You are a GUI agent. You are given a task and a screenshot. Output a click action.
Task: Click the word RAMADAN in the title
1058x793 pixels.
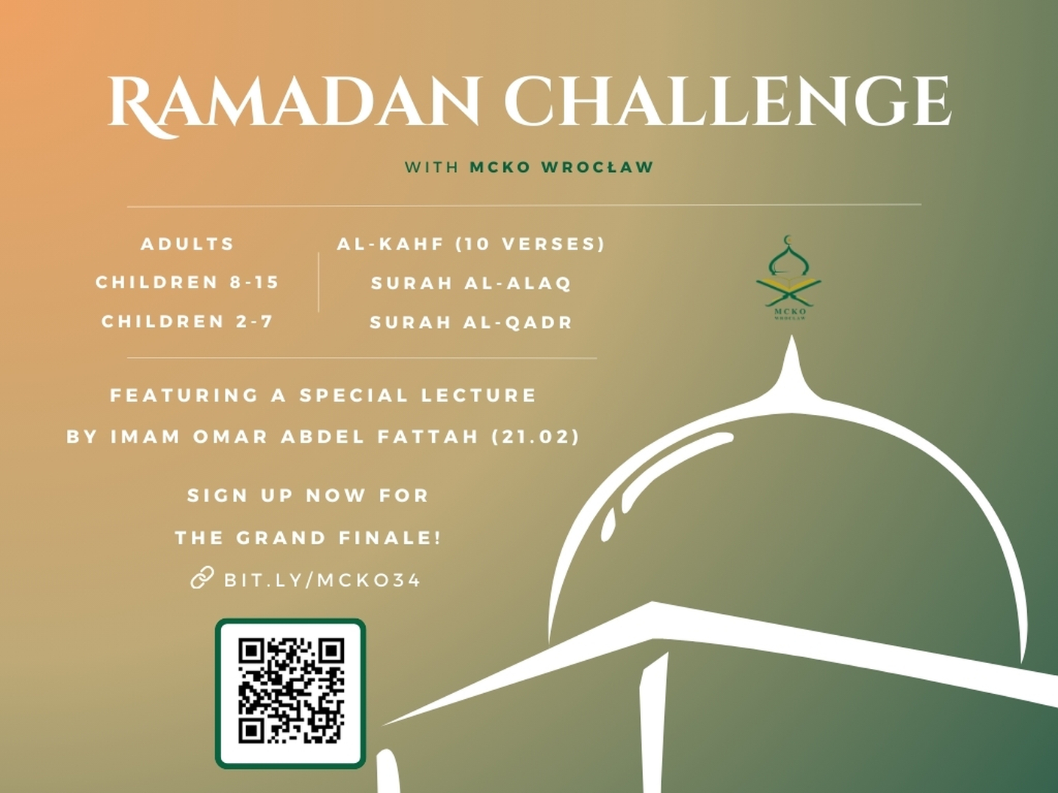[x=294, y=103]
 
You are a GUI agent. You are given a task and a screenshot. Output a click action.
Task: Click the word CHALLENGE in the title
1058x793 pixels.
[x=727, y=103]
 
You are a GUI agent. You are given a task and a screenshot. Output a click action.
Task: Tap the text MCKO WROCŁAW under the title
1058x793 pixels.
[x=561, y=167]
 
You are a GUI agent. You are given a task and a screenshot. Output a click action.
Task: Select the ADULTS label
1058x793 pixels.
[x=187, y=244]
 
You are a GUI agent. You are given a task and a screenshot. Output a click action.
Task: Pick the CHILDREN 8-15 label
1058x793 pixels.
[x=187, y=283]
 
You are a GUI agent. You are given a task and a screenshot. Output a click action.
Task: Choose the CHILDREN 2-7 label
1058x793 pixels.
[x=187, y=322]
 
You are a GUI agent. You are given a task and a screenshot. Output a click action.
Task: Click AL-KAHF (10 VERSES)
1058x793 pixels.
[x=471, y=244]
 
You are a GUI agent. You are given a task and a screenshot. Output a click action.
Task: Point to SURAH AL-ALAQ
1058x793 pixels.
[x=471, y=283]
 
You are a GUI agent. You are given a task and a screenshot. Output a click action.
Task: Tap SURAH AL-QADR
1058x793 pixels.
[x=471, y=322]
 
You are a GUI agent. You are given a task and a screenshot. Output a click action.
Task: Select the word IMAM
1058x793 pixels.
[x=145, y=437]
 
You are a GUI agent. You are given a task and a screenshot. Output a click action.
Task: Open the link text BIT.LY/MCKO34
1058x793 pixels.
[x=322, y=580]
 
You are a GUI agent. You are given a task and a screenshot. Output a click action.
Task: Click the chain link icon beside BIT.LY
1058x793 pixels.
[x=201, y=579]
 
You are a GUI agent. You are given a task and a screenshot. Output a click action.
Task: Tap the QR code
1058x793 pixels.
[x=290, y=692]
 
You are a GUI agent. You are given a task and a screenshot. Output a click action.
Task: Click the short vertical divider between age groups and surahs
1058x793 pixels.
[x=318, y=283]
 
